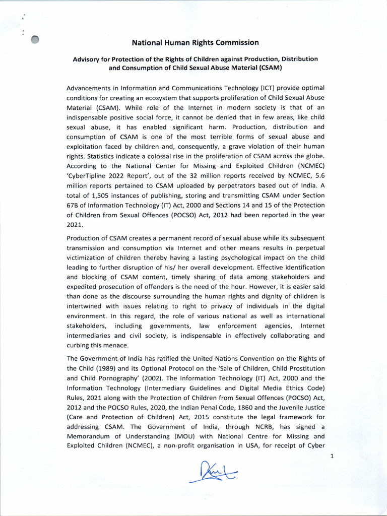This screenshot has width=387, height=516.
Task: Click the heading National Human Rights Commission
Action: point(196,42)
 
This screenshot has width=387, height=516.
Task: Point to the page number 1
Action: point(332,456)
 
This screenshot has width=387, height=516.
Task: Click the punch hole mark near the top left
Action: point(35,40)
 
